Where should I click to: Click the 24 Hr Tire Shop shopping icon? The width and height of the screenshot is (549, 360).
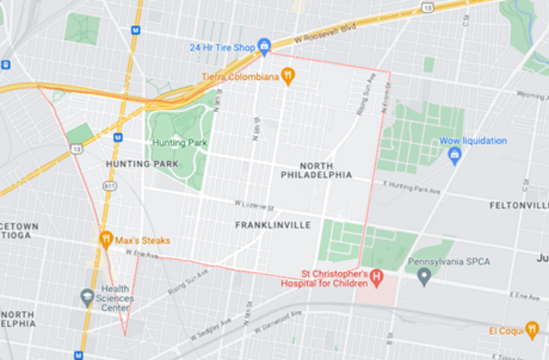pyautogui.click(x=264, y=45)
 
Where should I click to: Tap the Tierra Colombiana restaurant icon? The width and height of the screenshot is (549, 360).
pyautogui.click(x=288, y=76)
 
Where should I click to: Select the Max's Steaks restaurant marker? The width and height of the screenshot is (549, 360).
pyautogui.click(x=106, y=239)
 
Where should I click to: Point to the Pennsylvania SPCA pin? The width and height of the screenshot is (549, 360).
pyautogui.click(x=424, y=277)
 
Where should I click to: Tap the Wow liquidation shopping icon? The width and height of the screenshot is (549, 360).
pyautogui.click(x=455, y=154)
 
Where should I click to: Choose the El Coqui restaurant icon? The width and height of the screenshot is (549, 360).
pyautogui.click(x=531, y=330)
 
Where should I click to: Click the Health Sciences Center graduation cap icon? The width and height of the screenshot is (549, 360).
pyautogui.click(x=87, y=297)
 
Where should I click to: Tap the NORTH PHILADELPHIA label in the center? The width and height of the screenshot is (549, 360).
pyautogui.click(x=316, y=170)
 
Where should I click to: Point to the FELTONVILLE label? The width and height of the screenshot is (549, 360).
pyautogui.click(x=518, y=206)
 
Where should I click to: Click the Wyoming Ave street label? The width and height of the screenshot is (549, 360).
pyautogui.click(x=532, y=95)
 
